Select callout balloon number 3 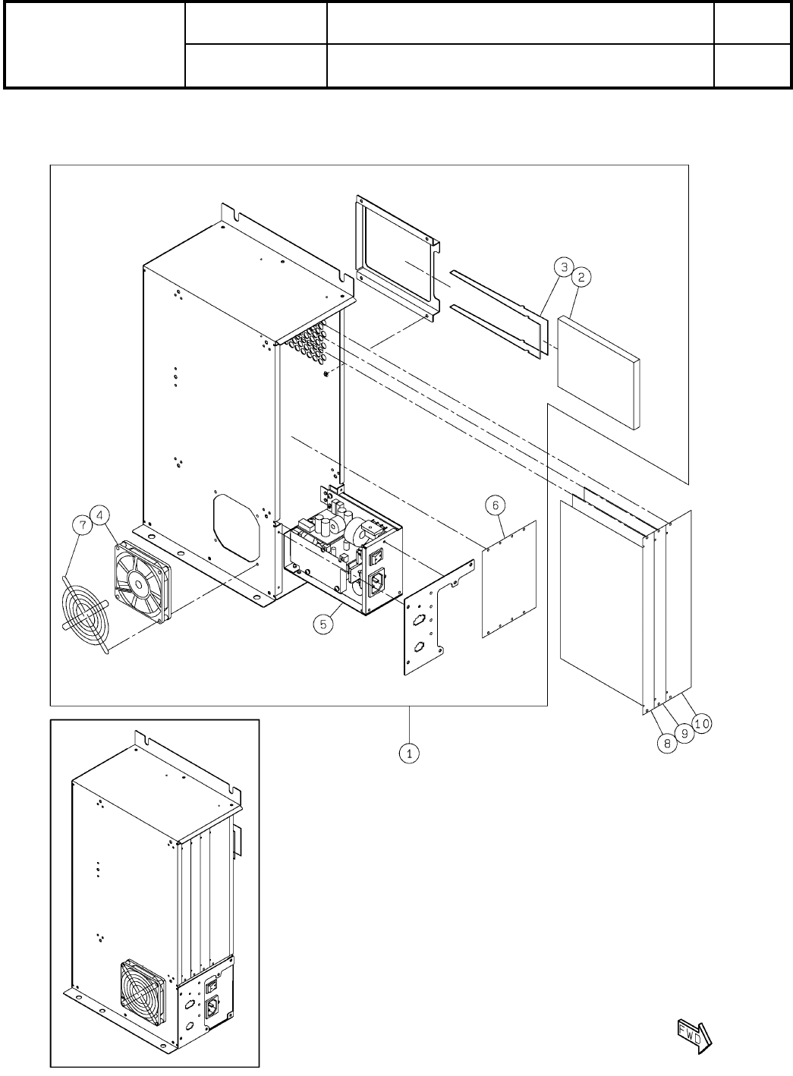tap(562, 267)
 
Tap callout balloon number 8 tap(668, 744)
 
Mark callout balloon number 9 tap(685, 735)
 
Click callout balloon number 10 tap(703, 723)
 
